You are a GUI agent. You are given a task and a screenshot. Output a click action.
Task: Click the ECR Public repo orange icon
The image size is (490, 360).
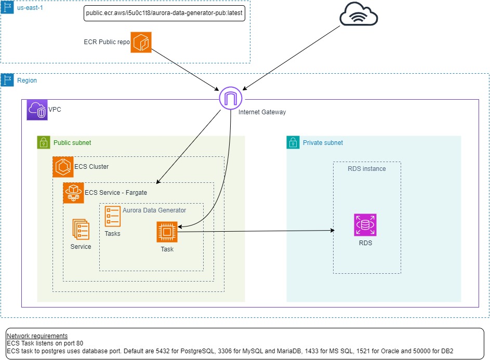pos(141,42)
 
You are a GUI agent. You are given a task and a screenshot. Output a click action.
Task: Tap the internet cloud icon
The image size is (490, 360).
pos(359,15)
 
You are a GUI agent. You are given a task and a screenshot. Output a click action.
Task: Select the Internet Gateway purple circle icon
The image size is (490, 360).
pos(230,98)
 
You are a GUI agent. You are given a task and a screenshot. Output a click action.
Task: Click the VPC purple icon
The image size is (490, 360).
pos(37,110)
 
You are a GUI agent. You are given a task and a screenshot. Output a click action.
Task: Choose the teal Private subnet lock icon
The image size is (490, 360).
pos(293,142)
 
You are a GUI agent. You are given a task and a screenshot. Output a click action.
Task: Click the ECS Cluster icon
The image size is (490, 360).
pos(63,167)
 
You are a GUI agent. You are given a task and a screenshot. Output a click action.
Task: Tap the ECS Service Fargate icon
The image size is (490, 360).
pos(73,193)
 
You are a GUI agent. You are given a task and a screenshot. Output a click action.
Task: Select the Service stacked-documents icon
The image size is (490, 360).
pos(81,229)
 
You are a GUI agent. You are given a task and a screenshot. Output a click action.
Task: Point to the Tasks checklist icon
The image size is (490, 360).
pos(113,216)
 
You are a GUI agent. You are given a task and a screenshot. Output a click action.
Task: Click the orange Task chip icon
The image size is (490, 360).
pos(167,232)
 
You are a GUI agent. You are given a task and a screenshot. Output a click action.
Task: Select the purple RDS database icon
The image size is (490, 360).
pos(365,224)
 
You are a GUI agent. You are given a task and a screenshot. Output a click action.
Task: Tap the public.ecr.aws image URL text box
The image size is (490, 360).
pos(164,13)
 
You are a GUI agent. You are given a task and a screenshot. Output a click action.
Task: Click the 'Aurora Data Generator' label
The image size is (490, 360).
pos(154,210)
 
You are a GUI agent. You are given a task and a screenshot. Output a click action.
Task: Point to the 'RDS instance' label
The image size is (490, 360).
pos(367,168)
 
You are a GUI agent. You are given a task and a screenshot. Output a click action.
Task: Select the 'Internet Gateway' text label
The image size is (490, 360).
pos(262,112)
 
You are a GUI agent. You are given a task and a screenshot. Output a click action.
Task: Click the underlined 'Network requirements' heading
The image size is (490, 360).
pos(37,336)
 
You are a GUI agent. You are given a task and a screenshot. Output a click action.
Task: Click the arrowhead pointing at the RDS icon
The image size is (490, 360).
pos(330,230)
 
